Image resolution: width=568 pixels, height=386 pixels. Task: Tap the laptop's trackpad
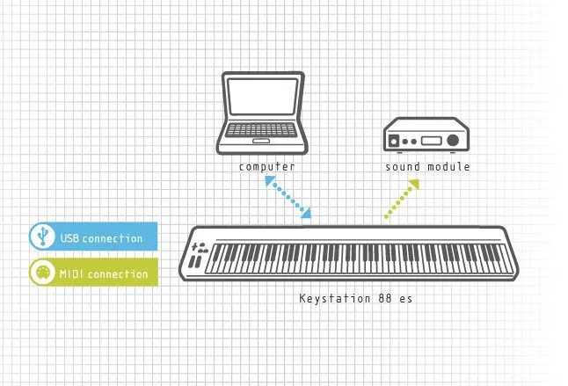(261, 141)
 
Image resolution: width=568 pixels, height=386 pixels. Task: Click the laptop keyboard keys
(261, 128)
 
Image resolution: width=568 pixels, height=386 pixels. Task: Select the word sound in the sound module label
(403, 166)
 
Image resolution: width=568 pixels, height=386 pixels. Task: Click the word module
(450, 166)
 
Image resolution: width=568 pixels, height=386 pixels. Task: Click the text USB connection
(100, 238)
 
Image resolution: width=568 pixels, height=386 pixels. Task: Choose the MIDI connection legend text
(104, 274)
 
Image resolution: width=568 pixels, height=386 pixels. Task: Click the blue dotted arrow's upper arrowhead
(268, 179)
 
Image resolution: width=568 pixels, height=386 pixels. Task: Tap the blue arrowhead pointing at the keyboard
(305, 213)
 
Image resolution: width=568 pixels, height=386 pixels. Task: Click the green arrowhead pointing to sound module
(412, 185)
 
